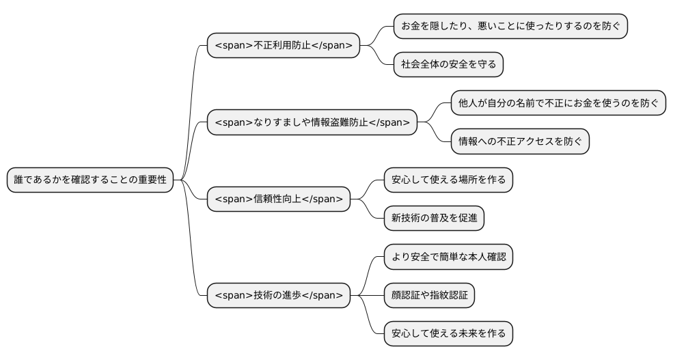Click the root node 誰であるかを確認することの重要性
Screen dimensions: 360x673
point(90,180)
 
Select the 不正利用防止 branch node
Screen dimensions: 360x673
point(284,46)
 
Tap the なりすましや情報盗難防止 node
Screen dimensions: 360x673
point(312,122)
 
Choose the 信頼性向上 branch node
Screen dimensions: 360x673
point(279,199)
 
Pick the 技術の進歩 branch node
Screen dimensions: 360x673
point(279,295)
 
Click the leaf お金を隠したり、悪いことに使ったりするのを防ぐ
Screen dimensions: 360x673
point(510,26)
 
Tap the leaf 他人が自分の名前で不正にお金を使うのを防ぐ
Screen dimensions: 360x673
point(558,103)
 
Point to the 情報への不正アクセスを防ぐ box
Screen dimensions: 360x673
point(520,141)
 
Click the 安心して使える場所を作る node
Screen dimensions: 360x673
point(448,180)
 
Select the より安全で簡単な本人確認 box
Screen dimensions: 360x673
point(448,257)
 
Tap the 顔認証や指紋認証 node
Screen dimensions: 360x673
point(429,295)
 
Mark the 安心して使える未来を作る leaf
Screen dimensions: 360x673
point(448,333)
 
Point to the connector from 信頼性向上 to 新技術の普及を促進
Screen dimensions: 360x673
point(369,210)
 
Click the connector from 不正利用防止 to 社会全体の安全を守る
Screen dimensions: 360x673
point(379,57)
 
